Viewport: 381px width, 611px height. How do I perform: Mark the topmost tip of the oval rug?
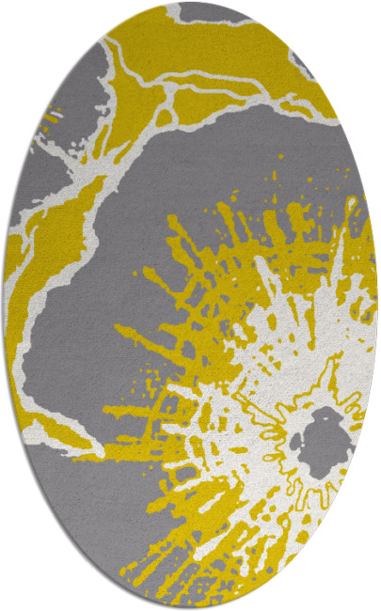coord(191,3)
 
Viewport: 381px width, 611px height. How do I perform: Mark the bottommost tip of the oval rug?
coord(191,608)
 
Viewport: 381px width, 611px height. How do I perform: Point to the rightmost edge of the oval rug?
coord(377,305)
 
